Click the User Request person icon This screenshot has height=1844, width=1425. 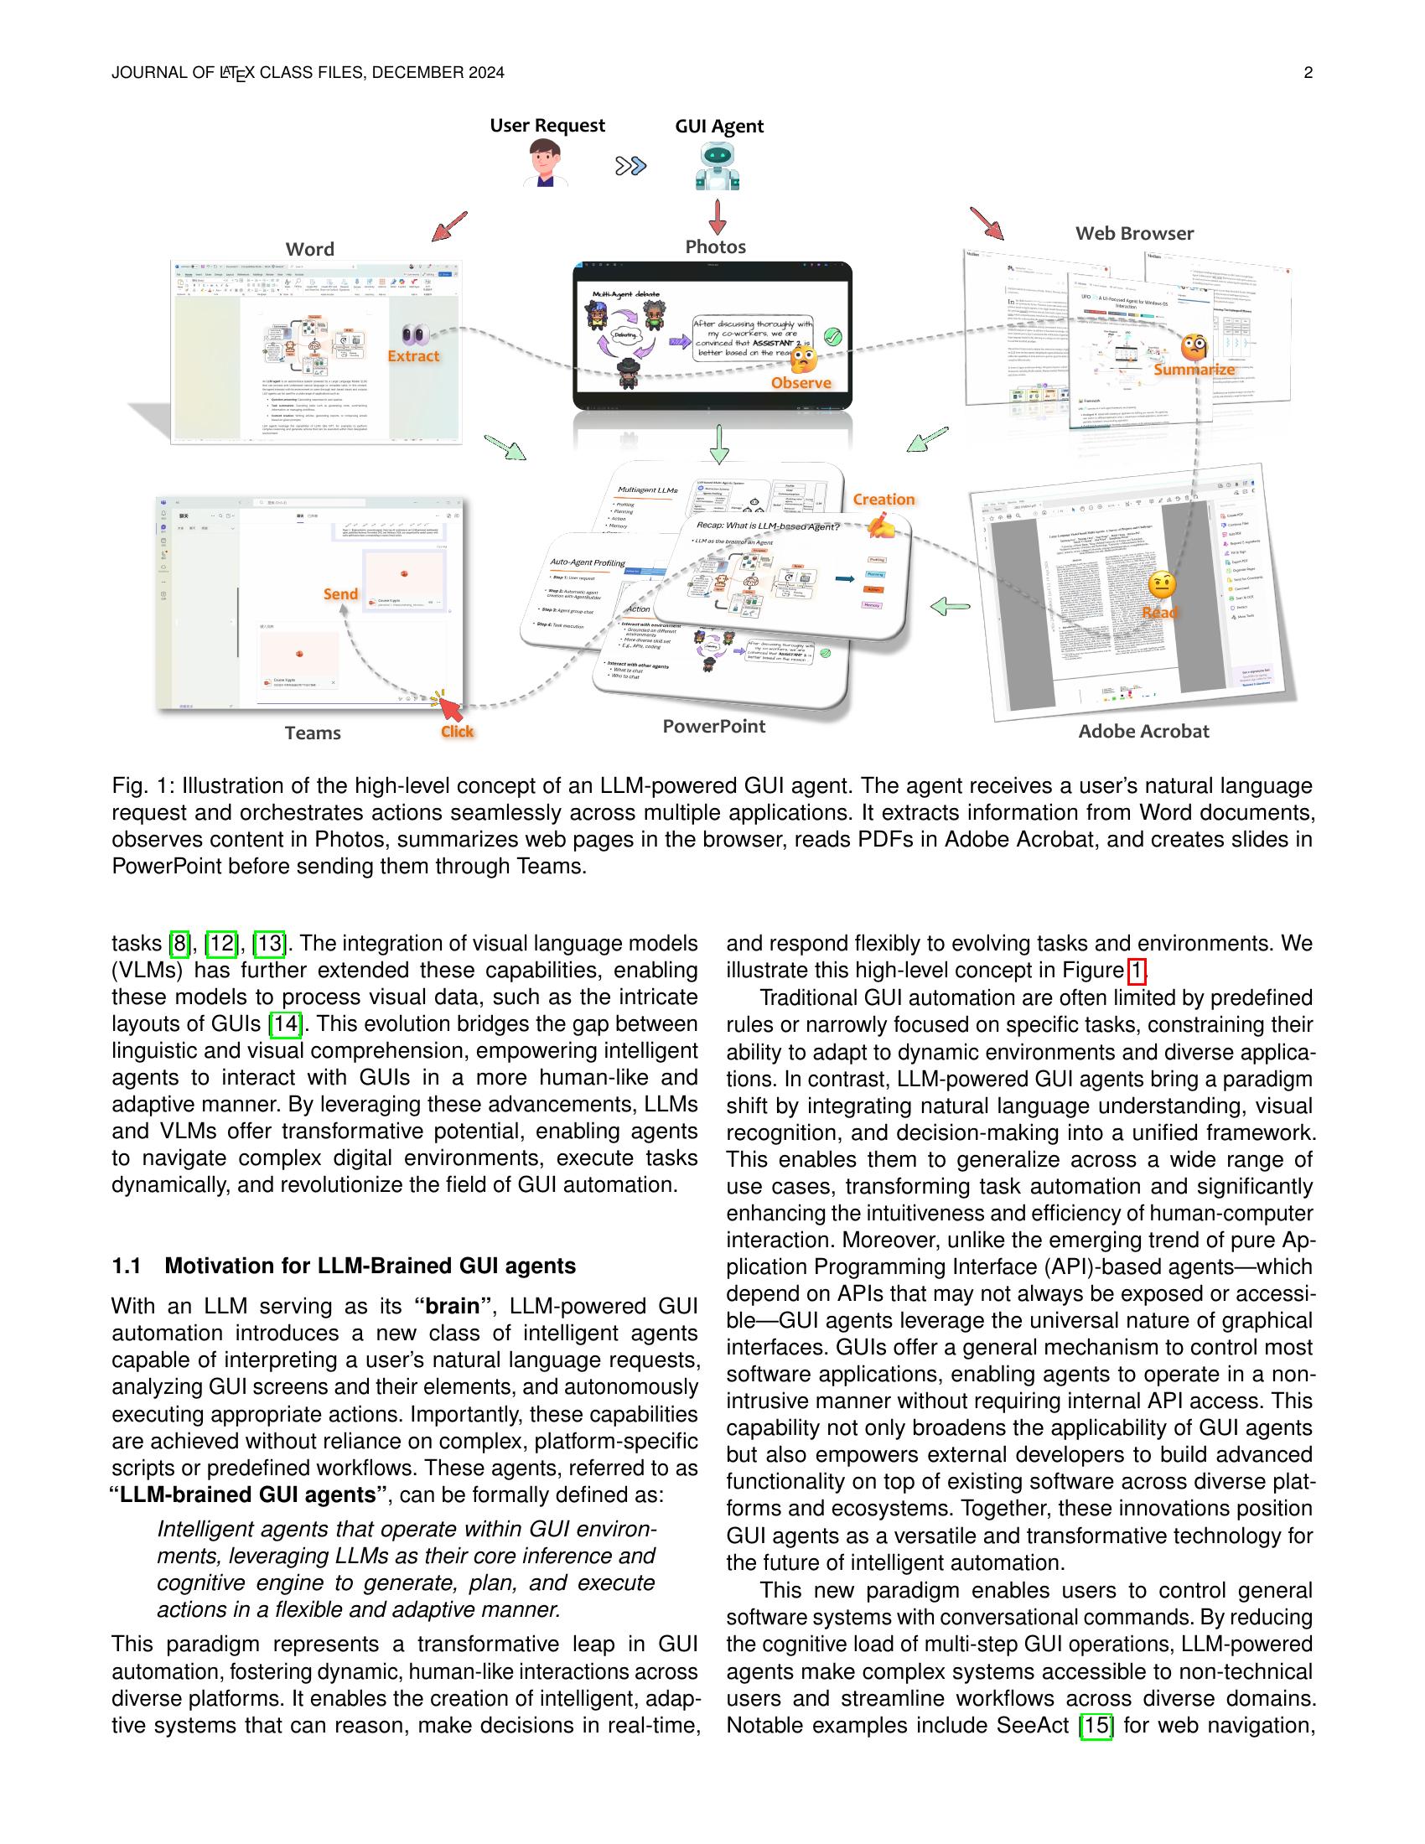pyautogui.click(x=546, y=163)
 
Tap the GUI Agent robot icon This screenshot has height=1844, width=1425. pyautogui.click(x=718, y=165)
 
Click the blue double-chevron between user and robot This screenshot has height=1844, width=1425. pyautogui.click(x=630, y=166)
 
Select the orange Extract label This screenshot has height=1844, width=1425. pyautogui.click(x=412, y=356)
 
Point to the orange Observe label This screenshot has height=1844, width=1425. pyautogui.click(x=801, y=383)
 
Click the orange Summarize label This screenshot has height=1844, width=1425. pyautogui.click(x=1194, y=370)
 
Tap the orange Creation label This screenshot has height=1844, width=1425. pyautogui.click(x=883, y=499)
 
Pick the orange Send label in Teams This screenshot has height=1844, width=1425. pyautogui.click(x=340, y=594)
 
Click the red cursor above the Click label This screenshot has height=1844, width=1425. pyautogui.click(x=450, y=707)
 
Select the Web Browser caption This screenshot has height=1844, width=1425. pyautogui.click(x=1134, y=234)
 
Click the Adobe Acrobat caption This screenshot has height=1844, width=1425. pyautogui.click(x=1143, y=731)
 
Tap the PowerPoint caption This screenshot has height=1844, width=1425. pyautogui.click(x=713, y=726)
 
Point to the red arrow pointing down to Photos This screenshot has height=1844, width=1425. pyautogui.click(x=718, y=217)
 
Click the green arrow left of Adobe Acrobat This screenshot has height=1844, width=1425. pyautogui.click(x=950, y=605)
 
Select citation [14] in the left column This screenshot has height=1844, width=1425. pyautogui.click(x=285, y=1024)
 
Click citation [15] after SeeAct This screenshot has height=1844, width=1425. pyautogui.click(x=1096, y=1725)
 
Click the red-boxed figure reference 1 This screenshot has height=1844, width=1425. pyautogui.click(x=1137, y=971)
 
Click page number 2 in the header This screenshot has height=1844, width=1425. pyautogui.click(x=1308, y=73)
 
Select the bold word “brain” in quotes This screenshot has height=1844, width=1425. pyautogui.click(x=452, y=1306)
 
